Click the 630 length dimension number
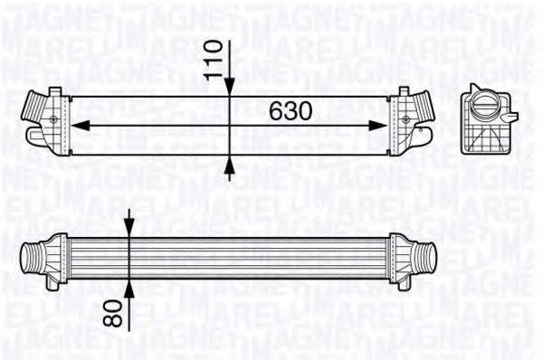(291, 109)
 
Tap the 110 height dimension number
(214, 61)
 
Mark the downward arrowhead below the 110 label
(231, 85)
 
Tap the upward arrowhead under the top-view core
(231, 164)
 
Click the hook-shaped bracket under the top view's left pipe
(34, 136)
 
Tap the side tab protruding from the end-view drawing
(511, 118)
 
